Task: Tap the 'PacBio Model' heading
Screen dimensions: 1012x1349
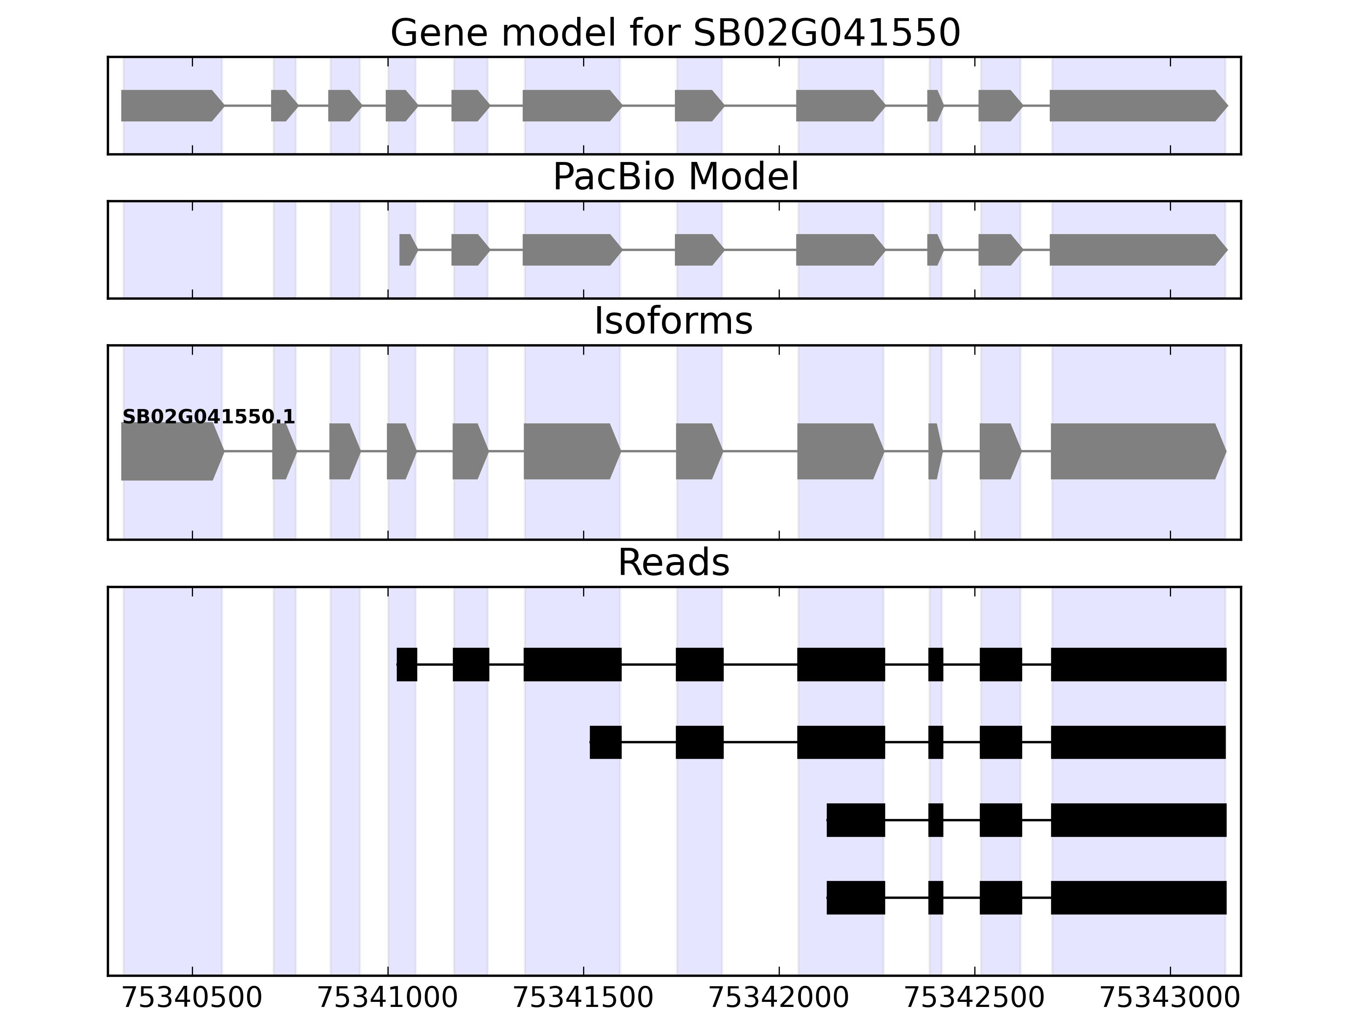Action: pyautogui.click(x=675, y=177)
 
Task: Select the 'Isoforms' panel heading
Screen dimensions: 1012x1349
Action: pyautogui.click(x=673, y=321)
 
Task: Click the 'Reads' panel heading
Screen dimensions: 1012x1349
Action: pyautogui.click(x=673, y=563)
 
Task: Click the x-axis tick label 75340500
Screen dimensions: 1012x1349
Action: pyautogui.click(x=192, y=999)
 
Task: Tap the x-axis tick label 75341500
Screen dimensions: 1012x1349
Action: pyautogui.click(x=583, y=999)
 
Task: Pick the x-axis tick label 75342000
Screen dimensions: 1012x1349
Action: pyautogui.click(x=779, y=999)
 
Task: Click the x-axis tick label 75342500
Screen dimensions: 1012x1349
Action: pyautogui.click(x=975, y=999)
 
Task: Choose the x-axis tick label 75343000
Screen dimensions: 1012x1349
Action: pyautogui.click(x=1170, y=999)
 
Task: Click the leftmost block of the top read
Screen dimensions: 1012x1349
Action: pyautogui.click(x=407, y=664)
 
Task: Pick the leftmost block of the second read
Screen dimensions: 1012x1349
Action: pyautogui.click(x=606, y=743)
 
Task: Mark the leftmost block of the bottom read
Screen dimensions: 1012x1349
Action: pyautogui.click(x=856, y=898)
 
